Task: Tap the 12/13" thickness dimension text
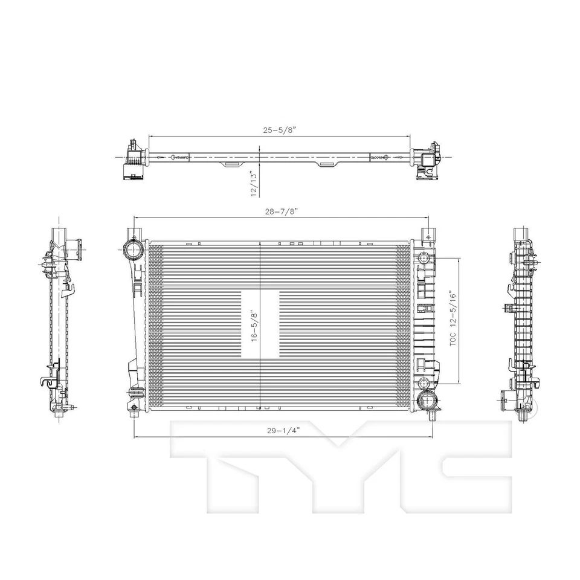coord(254,184)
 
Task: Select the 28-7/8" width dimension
coord(280,211)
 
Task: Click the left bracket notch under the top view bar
coord(232,163)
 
